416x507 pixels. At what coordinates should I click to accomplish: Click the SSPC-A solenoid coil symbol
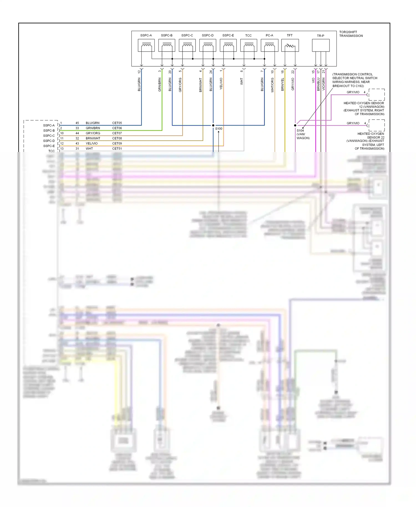click(x=146, y=45)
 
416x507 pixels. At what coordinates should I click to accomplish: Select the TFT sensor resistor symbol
click(x=290, y=45)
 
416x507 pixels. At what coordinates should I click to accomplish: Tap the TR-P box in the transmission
click(x=321, y=45)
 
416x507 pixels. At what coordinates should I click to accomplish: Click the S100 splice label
click(x=219, y=129)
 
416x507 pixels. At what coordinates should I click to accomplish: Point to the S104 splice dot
click(x=295, y=125)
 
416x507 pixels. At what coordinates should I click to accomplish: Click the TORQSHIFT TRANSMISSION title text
click(x=351, y=34)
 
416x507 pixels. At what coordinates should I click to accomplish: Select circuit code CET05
click(x=117, y=123)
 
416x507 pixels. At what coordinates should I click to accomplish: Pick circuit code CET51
click(x=117, y=149)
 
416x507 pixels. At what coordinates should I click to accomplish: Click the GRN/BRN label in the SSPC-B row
click(x=93, y=128)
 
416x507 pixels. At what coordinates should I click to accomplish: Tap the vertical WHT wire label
click(x=242, y=81)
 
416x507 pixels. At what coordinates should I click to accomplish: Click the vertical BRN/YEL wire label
click(x=283, y=84)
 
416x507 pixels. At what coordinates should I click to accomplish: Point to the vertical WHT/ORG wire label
click(x=272, y=85)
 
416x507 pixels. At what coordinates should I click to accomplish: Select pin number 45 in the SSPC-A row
click(x=77, y=123)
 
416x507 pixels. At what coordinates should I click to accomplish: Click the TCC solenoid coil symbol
click(x=248, y=45)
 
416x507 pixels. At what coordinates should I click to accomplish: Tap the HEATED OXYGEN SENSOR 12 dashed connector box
click(x=376, y=95)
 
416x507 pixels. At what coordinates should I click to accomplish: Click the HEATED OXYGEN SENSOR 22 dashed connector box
click(x=376, y=125)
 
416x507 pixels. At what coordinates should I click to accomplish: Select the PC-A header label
click(x=269, y=36)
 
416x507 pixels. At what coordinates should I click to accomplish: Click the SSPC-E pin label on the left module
click(x=49, y=146)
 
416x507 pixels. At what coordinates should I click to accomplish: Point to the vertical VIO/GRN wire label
click(x=324, y=84)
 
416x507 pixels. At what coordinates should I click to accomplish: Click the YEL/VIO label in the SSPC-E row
click(x=92, y=143)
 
